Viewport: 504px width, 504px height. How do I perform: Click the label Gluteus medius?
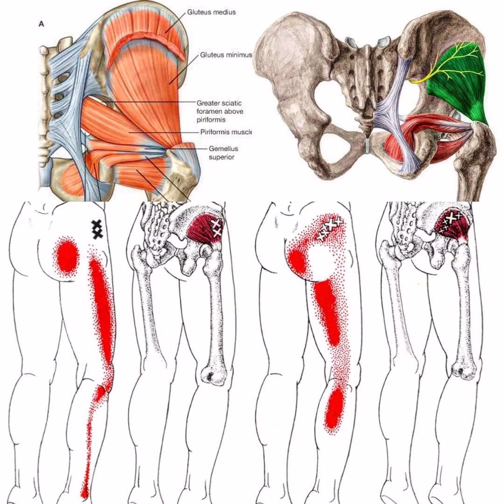click(211, 12)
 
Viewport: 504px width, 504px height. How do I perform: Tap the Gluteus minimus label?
click(226, 55)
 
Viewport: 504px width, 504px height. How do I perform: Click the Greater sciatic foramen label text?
click(219, 111)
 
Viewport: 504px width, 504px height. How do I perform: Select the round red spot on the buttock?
click(66, 256)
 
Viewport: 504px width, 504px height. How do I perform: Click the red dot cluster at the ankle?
click(84, 490)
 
